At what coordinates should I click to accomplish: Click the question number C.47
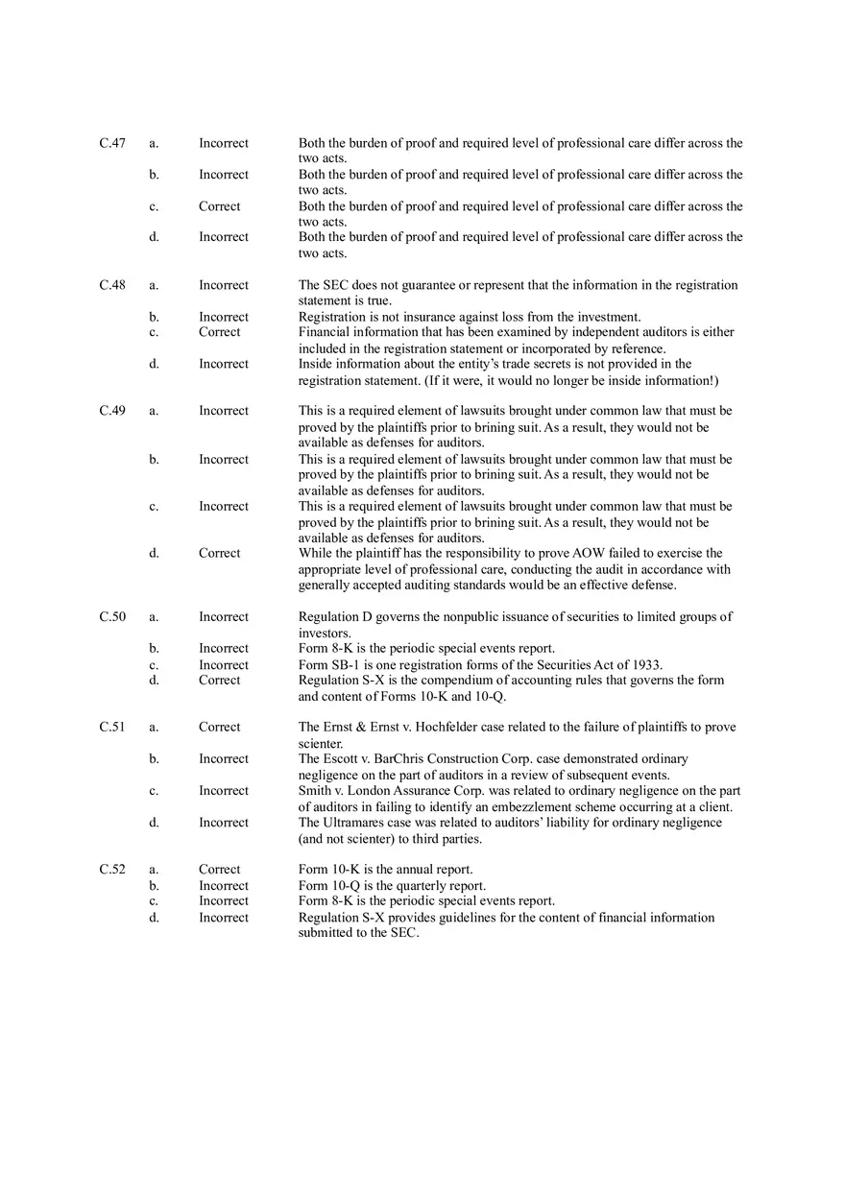coord(112,143)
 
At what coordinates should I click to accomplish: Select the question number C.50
coord(112,617)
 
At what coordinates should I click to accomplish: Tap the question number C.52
coord(112,870)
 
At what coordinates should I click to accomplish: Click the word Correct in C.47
coord(220,206)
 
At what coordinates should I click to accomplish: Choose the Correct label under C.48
coord(220,332)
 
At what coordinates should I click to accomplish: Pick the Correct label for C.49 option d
coord(220,553)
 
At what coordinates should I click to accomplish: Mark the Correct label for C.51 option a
coord(220,728)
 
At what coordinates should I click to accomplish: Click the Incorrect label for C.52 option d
coord(224,918)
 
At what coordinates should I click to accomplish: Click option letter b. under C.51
coord(154,759)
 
